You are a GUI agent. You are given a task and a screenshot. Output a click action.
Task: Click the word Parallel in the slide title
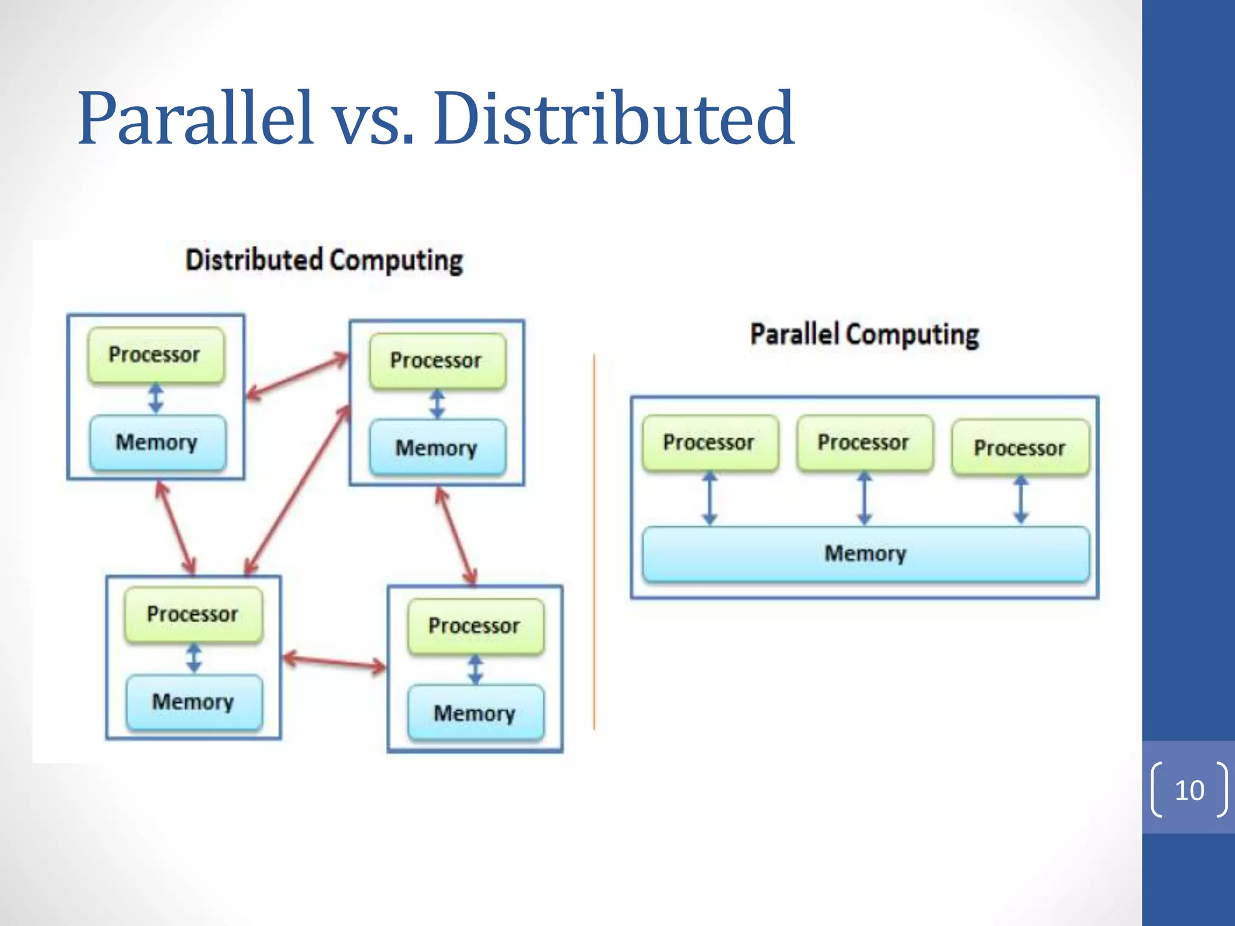point(196,119)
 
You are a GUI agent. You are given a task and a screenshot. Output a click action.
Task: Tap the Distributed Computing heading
point(324,260)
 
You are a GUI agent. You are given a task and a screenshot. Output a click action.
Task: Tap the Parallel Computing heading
point(864,335)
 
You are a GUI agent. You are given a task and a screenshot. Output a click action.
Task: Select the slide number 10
point(1189,790)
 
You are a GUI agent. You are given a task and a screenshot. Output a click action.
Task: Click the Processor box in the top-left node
point(156,354)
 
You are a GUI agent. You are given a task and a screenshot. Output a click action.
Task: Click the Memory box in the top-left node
point(157,442)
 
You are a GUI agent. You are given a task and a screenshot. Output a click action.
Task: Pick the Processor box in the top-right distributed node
point(437,361)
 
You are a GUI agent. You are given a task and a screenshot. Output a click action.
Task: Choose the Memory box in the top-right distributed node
point(437,448)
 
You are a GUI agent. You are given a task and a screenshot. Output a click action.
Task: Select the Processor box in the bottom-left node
point(193,614)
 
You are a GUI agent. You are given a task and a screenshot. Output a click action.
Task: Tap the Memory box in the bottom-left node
point(194,702)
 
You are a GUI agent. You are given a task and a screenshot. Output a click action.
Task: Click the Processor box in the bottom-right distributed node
point(475,626)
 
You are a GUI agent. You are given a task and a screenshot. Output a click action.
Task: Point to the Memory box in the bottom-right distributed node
point(475,713)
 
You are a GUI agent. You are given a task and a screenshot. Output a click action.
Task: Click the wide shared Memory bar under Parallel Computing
point(865,553)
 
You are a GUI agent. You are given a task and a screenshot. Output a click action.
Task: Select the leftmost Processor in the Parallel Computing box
point(710,443)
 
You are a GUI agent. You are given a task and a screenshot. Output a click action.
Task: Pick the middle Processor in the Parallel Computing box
point(864,443)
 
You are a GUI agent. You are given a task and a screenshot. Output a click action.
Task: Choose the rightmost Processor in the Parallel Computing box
point(1020,448)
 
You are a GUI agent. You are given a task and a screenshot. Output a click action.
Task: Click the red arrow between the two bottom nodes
point(334,662)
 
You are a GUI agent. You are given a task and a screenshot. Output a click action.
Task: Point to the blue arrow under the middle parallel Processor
point(865,499)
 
